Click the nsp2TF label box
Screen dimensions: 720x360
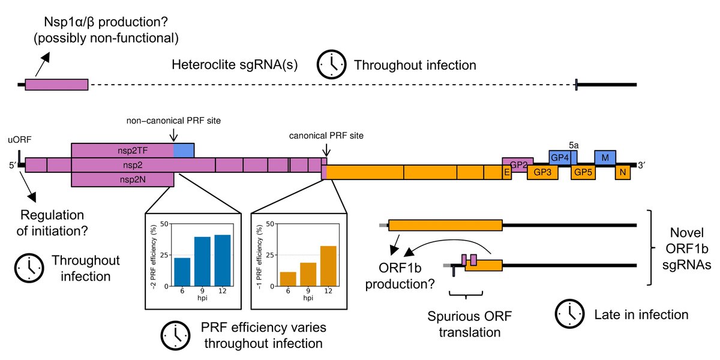point(133,151)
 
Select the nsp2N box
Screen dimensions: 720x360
point(122,179)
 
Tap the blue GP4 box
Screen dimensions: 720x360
point(560,157)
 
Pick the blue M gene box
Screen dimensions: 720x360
point(605,157)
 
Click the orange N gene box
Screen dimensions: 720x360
point(623,172)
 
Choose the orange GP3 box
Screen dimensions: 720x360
point(542,172)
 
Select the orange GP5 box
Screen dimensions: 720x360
point(583,172)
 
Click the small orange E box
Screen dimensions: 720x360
point(507,172)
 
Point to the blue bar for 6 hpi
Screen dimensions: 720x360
point(182,272)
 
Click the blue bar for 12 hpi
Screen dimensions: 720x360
point(223,260)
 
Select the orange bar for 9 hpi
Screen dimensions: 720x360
point(308,275)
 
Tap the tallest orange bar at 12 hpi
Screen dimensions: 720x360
point(328,266)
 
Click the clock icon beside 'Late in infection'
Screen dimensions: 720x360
point(569,314)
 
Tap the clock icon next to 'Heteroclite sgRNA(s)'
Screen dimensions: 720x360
point(331,64)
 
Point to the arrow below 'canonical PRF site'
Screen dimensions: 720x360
point(326,150)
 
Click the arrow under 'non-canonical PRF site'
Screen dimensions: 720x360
point(173,135)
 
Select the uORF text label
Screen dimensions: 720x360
point(20,140)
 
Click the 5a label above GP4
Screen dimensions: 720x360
point(574,145)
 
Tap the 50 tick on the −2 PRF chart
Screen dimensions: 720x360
point(164,224)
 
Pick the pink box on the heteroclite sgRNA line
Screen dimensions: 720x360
point(56,85)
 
